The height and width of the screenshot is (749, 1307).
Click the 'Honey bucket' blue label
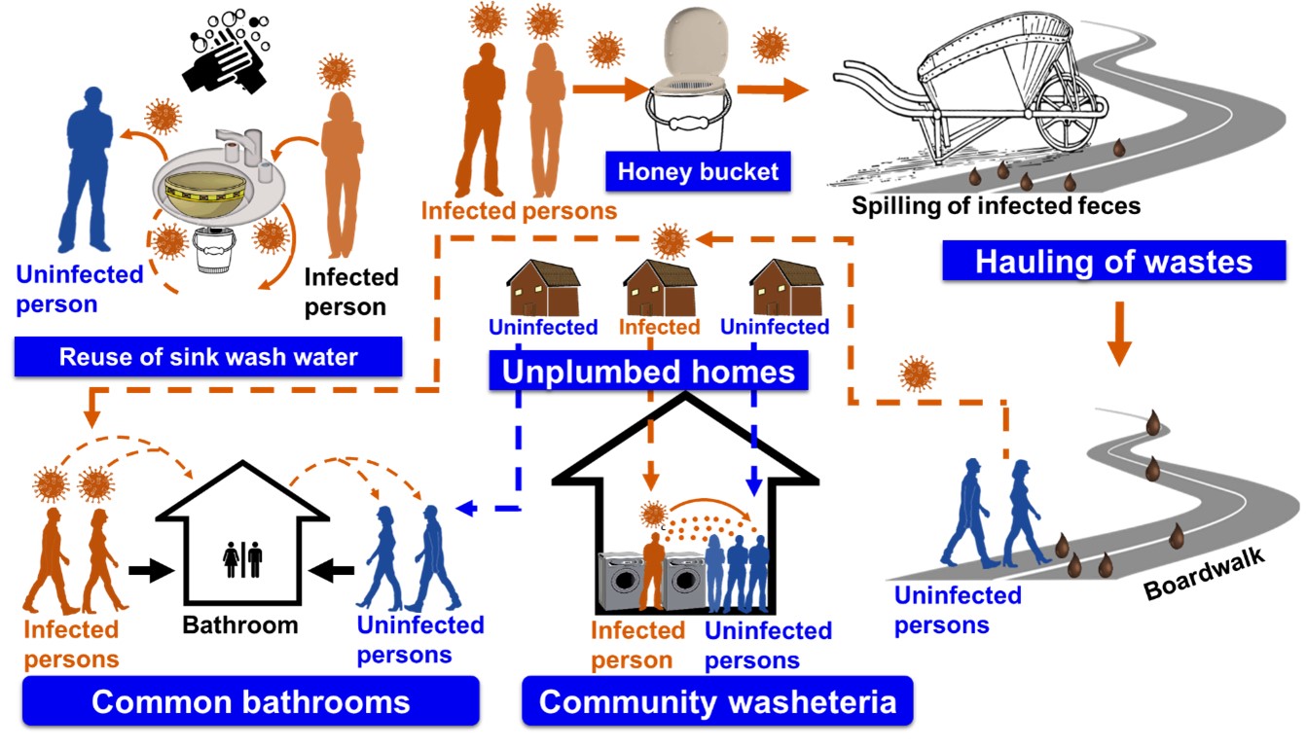(698, 172)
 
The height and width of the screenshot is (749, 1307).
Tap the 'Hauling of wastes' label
(1112, 262)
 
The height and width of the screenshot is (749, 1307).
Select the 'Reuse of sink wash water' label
(208, 356)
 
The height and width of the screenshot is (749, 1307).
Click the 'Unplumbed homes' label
(648, 372)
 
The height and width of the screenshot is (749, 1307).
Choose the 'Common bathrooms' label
(250, 701)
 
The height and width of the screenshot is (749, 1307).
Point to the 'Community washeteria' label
(717, 701)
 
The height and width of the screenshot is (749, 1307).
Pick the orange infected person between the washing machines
(653, 570)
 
